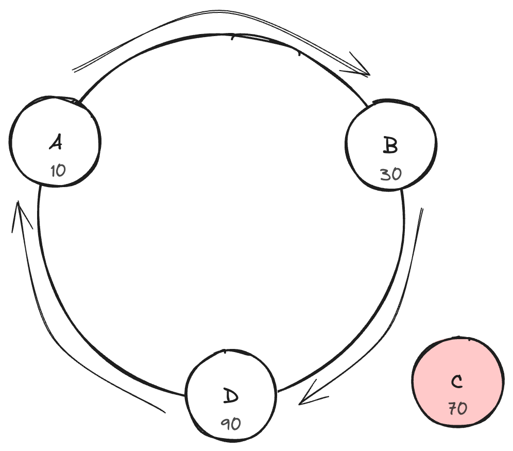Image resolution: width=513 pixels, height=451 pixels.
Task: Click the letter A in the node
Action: point(56,142)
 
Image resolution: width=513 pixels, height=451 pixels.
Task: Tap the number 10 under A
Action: point(58,171)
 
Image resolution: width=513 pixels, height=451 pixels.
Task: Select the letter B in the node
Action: point(390,145)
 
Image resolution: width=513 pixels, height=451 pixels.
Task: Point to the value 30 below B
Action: point(390,174)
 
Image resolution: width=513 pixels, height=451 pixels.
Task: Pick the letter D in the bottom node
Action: point(231,396)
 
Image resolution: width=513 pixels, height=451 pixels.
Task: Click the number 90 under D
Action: point(231,424)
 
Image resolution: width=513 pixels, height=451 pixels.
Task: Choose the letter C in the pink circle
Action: point(456,382)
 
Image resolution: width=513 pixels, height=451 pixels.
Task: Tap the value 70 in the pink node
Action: point(457,409)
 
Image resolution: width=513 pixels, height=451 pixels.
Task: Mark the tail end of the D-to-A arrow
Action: point(164,411)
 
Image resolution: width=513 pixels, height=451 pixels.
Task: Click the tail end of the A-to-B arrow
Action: point(75,71)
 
